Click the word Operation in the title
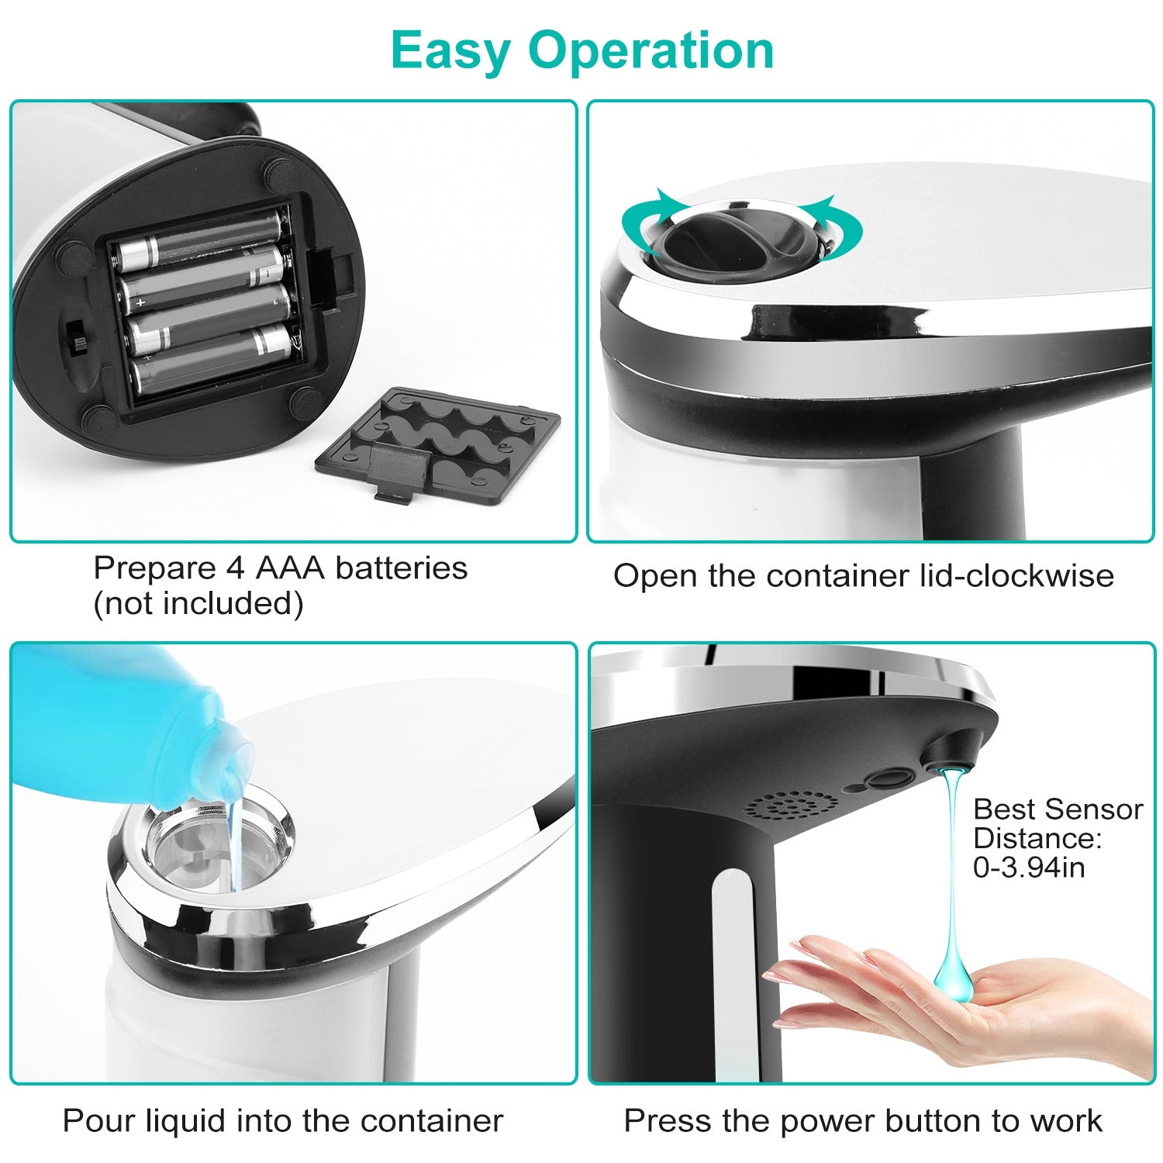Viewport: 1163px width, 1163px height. pyautogui.click(x=651, y=50)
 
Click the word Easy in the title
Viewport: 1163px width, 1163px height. pyautogui.click(x=450, y=50)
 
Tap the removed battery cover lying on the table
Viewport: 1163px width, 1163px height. pyautogui.click(x=438, y=443)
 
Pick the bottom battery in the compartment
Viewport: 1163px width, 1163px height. pyautogui.click(x=209, y=358)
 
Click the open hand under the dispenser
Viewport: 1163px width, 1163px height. pyautogui.click(x=969, y=1000)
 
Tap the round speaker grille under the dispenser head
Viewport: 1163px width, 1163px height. pyautogui.click(x=791, y=806)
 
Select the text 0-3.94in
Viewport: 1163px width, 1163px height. pyautogui.click(x=1029, y=868)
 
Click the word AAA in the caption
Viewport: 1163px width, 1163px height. pyautogui.click(x=289, y=568)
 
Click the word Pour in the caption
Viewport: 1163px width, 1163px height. pyautogui.click(x=95, y=1120)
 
